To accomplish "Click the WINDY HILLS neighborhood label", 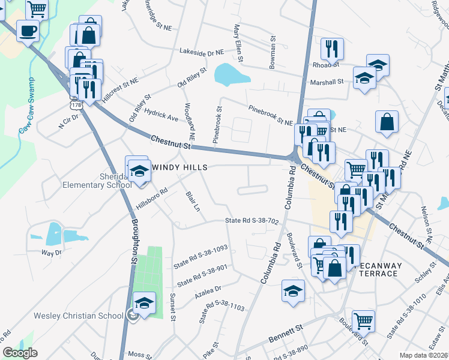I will point(178,167).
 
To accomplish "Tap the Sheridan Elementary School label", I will point(97,180).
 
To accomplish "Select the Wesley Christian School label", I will point(66,316).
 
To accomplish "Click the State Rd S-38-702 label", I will point(252,221).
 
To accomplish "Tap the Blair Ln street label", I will point(193,202).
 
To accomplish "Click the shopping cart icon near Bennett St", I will point(363,322).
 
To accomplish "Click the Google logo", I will point(20,353).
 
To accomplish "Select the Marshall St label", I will point(327,81).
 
